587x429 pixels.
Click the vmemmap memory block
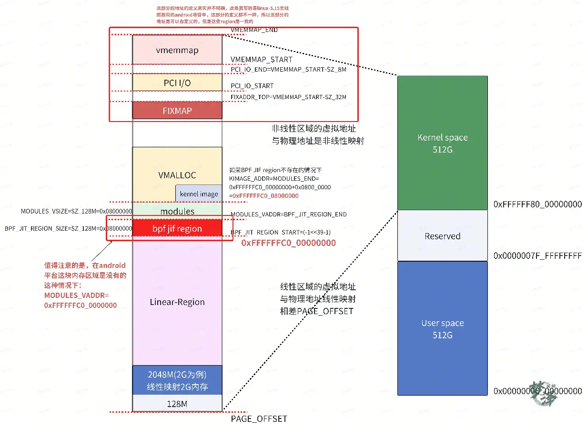pyautogui.click(x=177, y=50)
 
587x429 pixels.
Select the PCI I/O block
pyautogui.click(x=177, y=83)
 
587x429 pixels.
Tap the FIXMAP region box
pyautogui.click(x=177, y=111)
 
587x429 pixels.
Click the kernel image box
pyautogui.click(x=199, y=194)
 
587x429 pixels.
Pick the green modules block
pyautogui.click(x=177, y=211)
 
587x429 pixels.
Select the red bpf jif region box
pyautogui.click(x=177, y=228)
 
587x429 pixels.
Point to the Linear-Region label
pyautogui.click(x=177, y=302)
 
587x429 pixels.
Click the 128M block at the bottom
pyautogui.click(x=177, y=403)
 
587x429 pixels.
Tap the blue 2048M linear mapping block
pyautogui.click(x=177, y=380)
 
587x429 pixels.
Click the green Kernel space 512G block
pyautogui.click(x=442, y=143)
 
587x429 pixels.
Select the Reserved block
pyautogui.click(x=442, y=236)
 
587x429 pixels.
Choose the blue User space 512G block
pyautogui.click(x=442, y=328)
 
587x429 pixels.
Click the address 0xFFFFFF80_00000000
pyautogui.click(x=537, y=204)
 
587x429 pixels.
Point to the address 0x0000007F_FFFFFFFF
pyautogui.click(x=537, y=255)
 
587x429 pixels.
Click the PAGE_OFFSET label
pyautogui.click(x=259, y=419)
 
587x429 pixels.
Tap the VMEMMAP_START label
pyautogui.click(x=261, y=60)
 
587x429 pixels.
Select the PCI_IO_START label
pyautogui.click(x=252, y=86)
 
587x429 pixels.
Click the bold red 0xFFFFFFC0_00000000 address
pyautogui.click(x=288, y=243)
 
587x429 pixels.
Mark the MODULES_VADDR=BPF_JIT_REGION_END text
pyautogui.click(x=288, y=214)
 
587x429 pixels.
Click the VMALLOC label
pyautogui.click(x=177, y=175)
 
